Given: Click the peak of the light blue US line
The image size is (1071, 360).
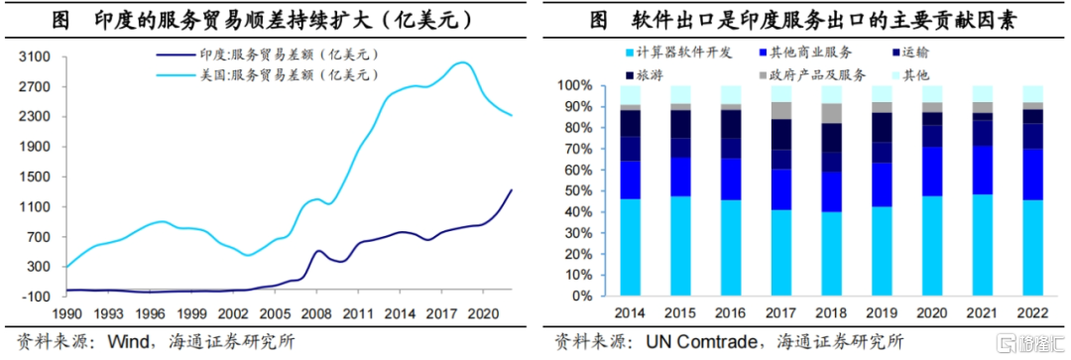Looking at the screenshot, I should coord(462,63).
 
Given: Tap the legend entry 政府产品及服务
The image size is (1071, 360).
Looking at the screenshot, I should coord(824,74).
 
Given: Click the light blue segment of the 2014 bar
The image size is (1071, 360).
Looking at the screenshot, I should coord(630,247).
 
